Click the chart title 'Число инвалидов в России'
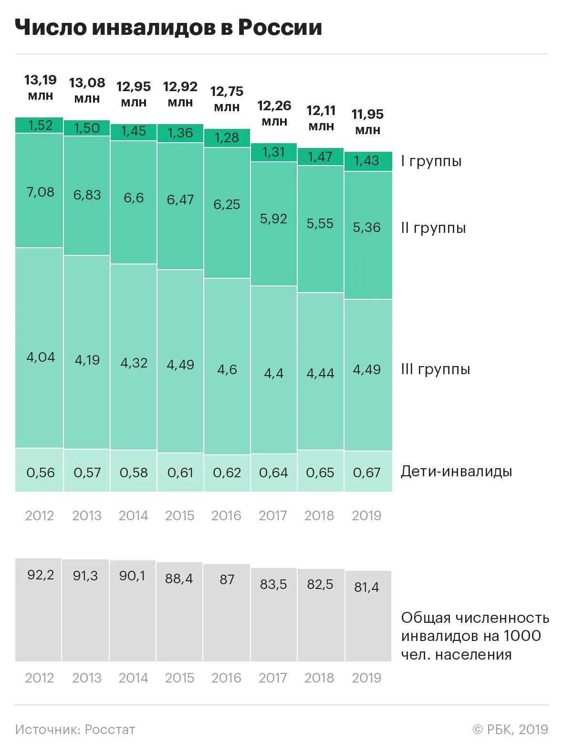[x=168, y=28]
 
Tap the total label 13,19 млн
[x=41, y=87]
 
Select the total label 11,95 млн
[x=367, y=122]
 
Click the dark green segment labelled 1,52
[x=40, y=125]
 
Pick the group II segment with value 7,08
[x=40, y=191]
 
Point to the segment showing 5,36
[x=367, y=234]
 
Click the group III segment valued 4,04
[x=40, y=348]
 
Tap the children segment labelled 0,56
[x=40, y=470]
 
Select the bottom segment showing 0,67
[x=367, y=472]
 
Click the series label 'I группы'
[x=431, y=161]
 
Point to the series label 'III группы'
[x=435, y=369]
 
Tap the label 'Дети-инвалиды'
[x=456, y=472]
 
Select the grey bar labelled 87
[x=227, y=613]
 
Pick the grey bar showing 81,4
[x=368, y=616]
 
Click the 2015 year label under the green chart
[x=180, y=515]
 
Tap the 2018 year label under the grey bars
[x=319, y=678]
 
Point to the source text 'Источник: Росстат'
[x=75, y=729]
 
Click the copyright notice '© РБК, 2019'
[x=510, y=729]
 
